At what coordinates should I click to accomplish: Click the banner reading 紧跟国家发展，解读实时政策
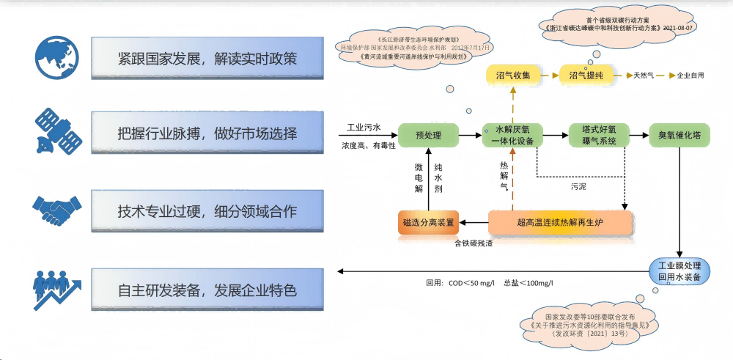click(207, 58)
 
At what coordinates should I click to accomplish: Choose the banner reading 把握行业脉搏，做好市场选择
click(207, 133)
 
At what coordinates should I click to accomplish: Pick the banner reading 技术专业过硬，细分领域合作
click(207, 211)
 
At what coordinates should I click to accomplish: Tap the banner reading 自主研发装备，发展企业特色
click(207, 290)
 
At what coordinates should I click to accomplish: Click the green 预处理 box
click(428, 135)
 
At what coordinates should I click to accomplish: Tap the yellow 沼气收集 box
click(513, 75)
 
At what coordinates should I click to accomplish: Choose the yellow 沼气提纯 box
click(586, 75)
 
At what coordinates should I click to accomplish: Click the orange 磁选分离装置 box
click(428, 221)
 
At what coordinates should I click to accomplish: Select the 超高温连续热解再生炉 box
click(561, 221)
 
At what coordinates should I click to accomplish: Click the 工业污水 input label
click(364, 128)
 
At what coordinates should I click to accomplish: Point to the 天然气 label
click(645, 76)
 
